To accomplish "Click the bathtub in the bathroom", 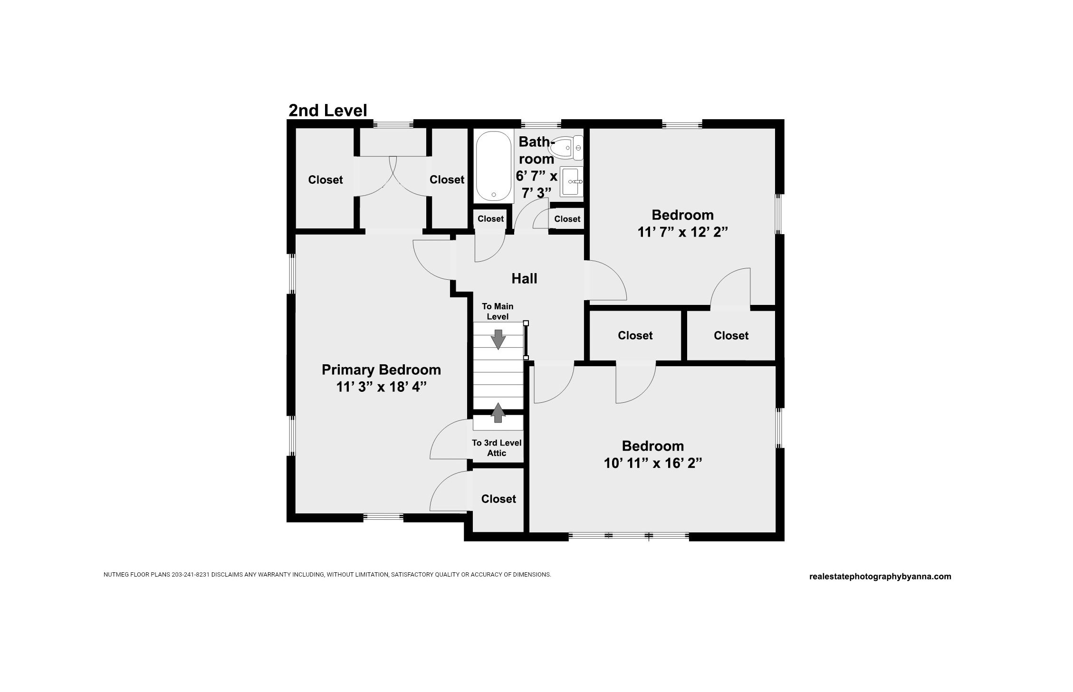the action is click(494, 166).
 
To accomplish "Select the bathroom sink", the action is click(571, 181).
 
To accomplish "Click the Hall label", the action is click(524, 278).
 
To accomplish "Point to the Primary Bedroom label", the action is click(381, 370).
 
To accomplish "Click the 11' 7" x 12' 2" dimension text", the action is click(682, 232).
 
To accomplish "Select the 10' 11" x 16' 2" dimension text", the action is click(653, 463).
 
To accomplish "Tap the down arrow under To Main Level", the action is click(498, 339).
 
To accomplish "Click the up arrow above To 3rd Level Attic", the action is click(498, 413).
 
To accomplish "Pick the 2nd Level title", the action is click(328, 111).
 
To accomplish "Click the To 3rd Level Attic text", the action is click(497, 448).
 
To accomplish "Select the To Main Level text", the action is click(498, 312).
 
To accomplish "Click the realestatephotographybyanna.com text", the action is click(880, 577).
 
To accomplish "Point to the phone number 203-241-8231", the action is click(191, 575).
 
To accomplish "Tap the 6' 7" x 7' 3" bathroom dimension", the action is click(536, 184).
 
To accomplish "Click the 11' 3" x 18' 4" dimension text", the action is click(381, 387).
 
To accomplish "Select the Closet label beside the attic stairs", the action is click(498, 499).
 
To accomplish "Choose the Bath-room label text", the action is click(536, 150).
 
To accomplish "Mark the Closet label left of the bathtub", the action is click(447, 180).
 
